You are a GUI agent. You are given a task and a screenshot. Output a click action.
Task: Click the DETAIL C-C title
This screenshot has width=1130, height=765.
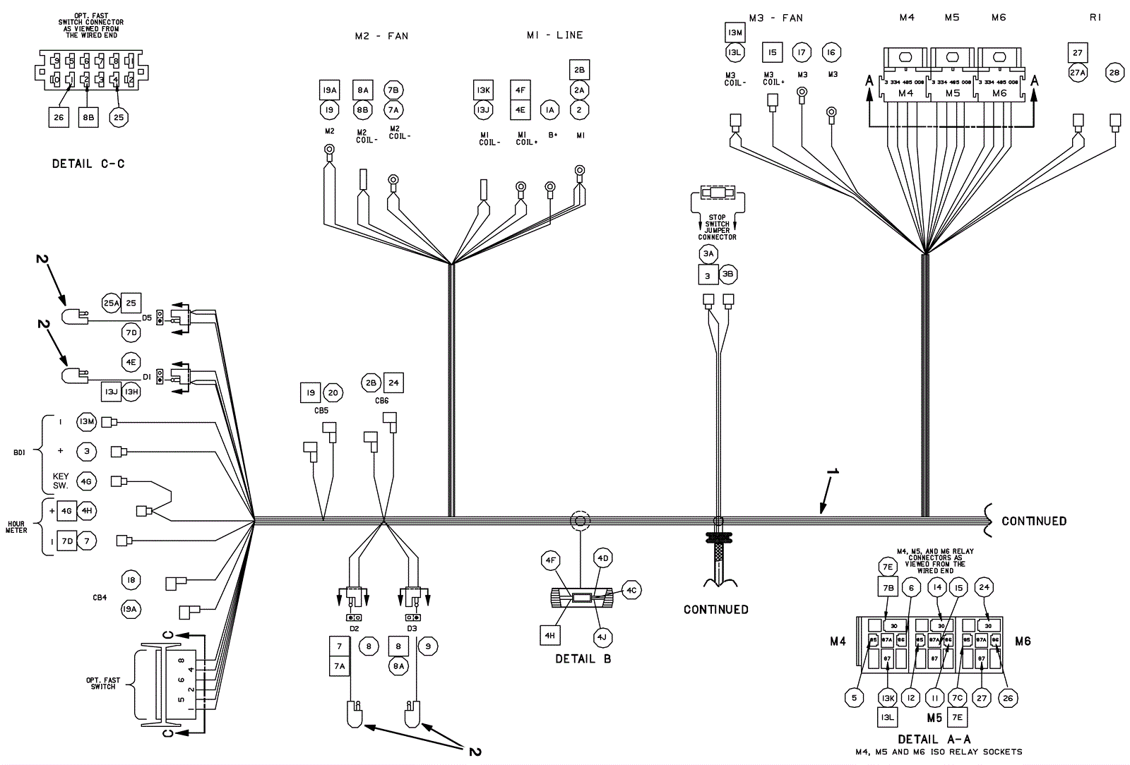tap(88, 164)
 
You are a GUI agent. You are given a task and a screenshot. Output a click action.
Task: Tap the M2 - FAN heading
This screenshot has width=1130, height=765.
tap(381, 36)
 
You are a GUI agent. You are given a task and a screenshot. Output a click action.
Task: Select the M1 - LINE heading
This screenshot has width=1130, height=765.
tap(554, 35)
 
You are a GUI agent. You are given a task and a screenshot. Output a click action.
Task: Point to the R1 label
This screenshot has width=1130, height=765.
tap(1095, 18)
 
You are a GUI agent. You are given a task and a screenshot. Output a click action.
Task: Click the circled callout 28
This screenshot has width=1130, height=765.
tap(1114, 73)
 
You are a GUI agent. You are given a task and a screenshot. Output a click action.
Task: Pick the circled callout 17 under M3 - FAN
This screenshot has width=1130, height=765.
tap(801, 53)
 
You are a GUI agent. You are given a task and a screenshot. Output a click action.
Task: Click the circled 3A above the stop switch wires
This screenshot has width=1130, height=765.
tap(708, 254)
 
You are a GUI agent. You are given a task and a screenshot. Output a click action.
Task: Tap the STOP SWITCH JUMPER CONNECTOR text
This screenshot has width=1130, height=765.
tap(717, 227)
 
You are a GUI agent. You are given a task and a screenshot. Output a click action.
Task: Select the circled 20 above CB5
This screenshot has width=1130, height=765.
tap(333, 393)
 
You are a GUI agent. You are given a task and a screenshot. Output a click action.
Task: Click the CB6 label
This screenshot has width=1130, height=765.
tap(382, 401)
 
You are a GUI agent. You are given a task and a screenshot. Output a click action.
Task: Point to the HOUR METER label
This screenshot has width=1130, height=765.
tap(16, 527)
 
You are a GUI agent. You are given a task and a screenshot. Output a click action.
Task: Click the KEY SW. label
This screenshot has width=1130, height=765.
tap(61, 481)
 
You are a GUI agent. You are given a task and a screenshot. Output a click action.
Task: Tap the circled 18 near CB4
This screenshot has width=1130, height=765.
tap(131, 580)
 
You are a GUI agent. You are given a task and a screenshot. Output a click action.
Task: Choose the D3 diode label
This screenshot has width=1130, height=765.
tap(412, 628)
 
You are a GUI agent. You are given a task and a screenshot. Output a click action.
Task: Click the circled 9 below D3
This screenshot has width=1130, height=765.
tap(427, 646)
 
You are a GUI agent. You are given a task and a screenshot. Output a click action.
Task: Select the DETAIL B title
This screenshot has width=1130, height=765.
tap(583, 658)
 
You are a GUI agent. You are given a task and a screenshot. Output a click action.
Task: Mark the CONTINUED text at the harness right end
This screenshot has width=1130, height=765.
tap(1033, 521)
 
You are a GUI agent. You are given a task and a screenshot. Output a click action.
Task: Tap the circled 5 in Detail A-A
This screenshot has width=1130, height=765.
tap(855, 698)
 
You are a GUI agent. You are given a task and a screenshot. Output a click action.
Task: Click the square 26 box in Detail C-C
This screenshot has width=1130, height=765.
tap(59, 117)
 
